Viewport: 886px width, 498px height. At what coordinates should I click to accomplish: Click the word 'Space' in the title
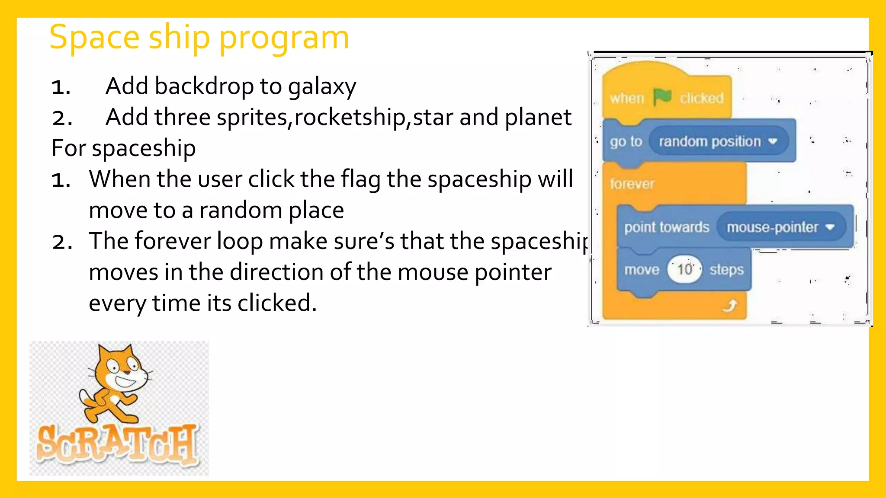(94, 38)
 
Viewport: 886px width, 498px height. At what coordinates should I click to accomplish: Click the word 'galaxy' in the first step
(322, 86)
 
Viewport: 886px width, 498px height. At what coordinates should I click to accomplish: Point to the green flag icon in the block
(662, 97)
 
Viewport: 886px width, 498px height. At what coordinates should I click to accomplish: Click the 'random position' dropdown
(718, 141)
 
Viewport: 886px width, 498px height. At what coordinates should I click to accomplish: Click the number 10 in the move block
(684, 269)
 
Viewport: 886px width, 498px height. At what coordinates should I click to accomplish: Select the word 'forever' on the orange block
(632, 184)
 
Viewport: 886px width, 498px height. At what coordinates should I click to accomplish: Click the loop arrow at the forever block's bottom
(730, 306)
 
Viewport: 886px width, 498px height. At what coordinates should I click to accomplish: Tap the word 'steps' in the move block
(726, 270)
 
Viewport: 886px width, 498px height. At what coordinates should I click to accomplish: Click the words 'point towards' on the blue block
(666, 227)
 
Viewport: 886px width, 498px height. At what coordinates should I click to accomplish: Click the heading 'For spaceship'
(124, 148)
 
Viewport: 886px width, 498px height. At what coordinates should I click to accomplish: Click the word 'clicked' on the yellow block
(701, 98)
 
